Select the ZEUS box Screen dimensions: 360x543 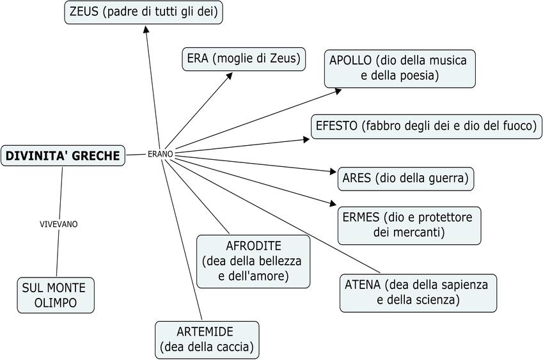143,12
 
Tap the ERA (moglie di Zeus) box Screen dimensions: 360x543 244,59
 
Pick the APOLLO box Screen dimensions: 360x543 400,68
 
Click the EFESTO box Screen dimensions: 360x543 426,126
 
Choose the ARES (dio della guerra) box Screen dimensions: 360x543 405,178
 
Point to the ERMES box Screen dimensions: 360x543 409,224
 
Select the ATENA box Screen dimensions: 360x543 418,293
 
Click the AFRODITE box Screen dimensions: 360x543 253,261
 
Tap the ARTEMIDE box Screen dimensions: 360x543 207,339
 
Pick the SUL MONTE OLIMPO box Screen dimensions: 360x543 56,294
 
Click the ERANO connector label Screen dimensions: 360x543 160,154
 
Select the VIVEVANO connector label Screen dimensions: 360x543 58,224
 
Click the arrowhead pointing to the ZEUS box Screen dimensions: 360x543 146,29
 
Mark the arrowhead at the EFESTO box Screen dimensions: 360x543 306,138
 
